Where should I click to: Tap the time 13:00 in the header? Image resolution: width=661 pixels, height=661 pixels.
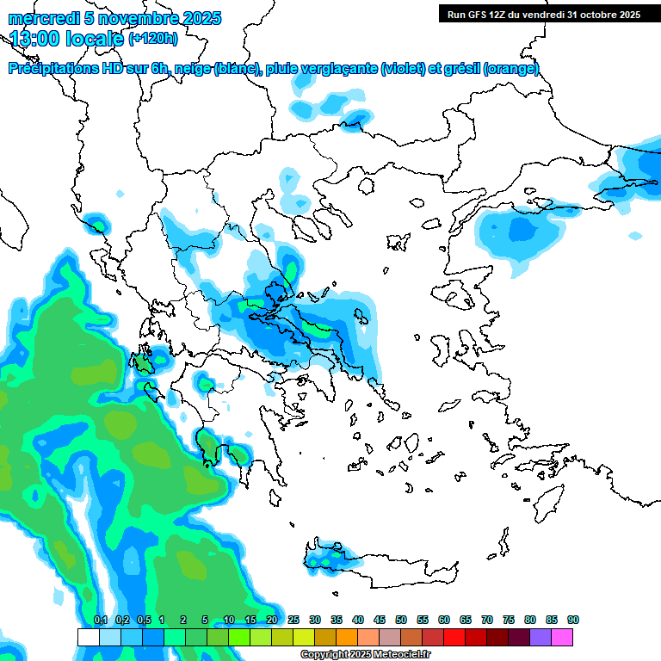coord(40,38)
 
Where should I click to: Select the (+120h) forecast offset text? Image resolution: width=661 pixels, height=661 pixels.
coord(153,39)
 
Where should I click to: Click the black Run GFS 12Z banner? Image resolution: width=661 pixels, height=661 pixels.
coord(543,14)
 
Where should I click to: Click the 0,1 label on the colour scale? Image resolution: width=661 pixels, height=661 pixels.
coord(100,621)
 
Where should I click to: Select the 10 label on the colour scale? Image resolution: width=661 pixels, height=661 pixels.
coord(229,621)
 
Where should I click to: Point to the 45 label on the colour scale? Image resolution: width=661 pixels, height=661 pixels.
coord(380,621)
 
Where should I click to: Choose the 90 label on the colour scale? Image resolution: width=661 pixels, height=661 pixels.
coord(573,621)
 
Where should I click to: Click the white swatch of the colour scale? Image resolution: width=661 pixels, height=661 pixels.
coord(88,637)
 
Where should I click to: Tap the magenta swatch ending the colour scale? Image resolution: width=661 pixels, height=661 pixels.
coord(562,637)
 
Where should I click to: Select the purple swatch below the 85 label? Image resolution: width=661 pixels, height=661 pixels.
coord(541,637)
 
